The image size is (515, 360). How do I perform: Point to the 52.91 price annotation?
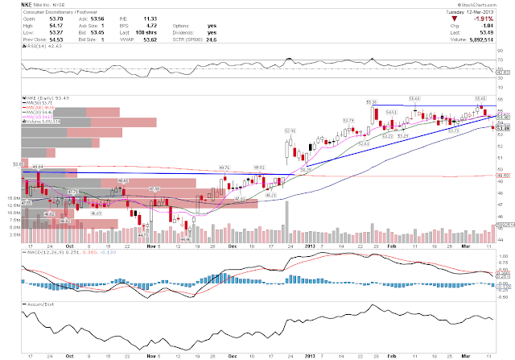click(290, 130)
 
